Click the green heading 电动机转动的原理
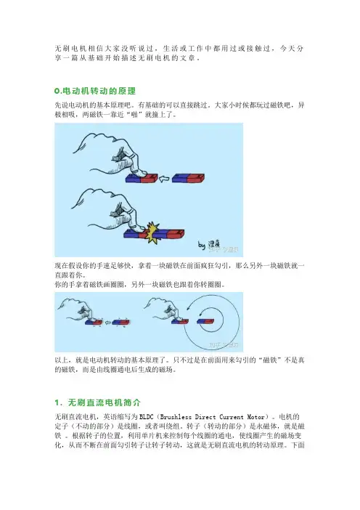coord(99,91)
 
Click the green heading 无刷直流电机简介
coord(105,402)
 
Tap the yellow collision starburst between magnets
coord(152,232)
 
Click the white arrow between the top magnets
coord(165,179)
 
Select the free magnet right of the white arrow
coord(188,178)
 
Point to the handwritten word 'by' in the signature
coord(202,245)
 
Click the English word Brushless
coord(176,417)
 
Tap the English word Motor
coord(256,417)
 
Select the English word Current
coord(232,417)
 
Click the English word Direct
coord(205,417)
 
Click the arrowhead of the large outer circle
coord(189,310)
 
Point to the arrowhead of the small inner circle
coord(202,314)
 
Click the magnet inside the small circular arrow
coord(205,322)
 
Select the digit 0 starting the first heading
coord(57,92)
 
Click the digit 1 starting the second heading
coord(57,402)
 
